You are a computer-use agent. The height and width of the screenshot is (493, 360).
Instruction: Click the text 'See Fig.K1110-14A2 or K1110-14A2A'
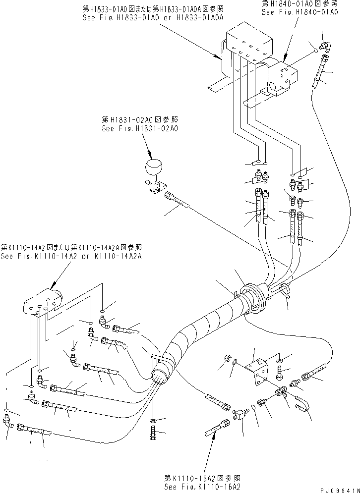(71, 256)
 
